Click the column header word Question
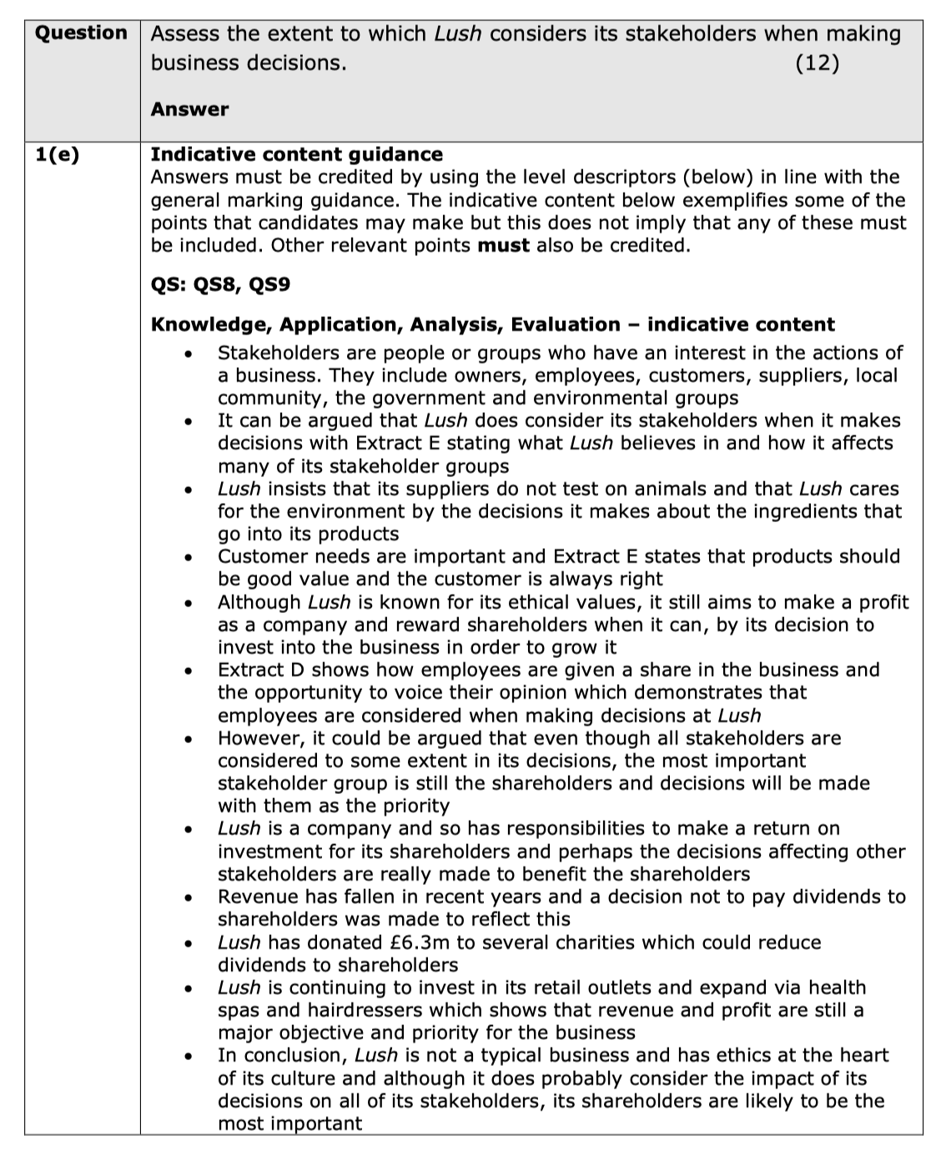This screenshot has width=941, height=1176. point(81,33)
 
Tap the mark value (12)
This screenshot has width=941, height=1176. point(818,63)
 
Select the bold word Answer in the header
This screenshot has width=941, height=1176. point(189,109)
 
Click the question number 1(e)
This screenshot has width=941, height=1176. point(58,155)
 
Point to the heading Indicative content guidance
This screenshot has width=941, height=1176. point(296,154)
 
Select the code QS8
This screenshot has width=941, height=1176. point(215,284)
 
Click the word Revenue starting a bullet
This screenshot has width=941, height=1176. point(257,897)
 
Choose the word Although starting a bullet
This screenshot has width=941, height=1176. point(259,602)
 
